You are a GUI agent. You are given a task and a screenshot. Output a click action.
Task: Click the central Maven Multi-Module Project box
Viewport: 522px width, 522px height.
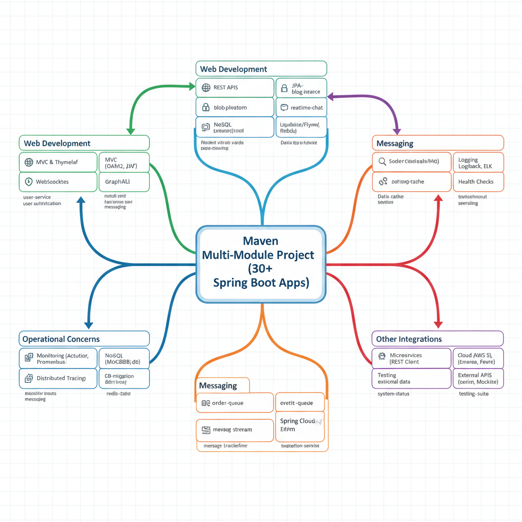click(x=261, y=264)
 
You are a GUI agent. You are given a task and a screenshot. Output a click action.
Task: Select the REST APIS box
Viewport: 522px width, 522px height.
click(x=235, y=88)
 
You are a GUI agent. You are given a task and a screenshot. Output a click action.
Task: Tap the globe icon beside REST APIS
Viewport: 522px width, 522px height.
click(x=206, y=88)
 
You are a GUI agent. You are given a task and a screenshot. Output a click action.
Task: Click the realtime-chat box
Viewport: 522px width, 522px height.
click(x=301, y=108)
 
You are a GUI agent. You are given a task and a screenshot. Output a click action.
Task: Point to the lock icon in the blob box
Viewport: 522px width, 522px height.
click(x=206, y=108)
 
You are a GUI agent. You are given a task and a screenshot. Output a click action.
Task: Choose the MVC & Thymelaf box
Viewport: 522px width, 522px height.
click(x=58, y=162)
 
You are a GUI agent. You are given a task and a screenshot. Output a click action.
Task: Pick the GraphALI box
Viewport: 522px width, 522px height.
click(x=123, y=181)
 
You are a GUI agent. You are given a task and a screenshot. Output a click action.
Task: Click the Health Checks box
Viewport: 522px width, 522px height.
click(x=478, y=181)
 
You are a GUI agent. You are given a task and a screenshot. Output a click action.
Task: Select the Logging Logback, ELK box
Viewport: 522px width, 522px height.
click(x=478, y=163)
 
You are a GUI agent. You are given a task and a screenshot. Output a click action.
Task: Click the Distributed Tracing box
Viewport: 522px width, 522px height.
click(x=58, y=378)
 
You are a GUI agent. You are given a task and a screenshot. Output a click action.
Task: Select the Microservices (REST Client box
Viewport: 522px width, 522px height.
click(x=411, y=358)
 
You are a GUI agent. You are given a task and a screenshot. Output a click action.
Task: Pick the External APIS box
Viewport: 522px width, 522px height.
click(x=478, y=378)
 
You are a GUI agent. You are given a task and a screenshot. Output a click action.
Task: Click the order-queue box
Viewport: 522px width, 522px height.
click(x=235, y=403)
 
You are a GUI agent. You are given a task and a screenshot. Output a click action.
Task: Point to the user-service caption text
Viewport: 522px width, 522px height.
click(x=37, y=197)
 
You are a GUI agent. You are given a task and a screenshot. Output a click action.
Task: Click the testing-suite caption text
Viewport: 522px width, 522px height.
click(x=474, y=394)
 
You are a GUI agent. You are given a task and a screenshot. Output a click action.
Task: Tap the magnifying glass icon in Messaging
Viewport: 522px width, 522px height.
click(x=381, y=162)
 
